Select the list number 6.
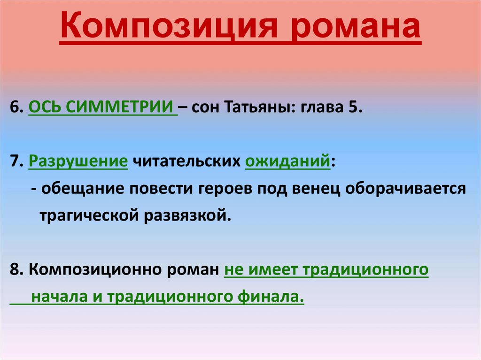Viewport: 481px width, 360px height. tap(15, 107)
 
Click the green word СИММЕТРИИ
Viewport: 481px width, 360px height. tap(119, 107)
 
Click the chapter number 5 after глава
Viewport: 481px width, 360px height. tap(353, 107)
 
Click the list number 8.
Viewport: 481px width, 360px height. tap(15, 270)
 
